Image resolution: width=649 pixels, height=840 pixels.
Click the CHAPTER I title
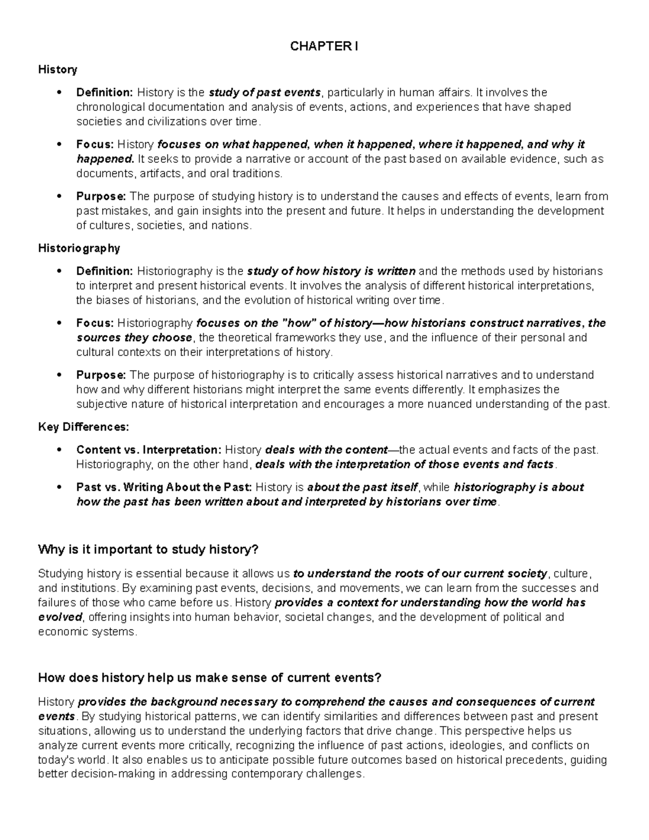click(324, 47)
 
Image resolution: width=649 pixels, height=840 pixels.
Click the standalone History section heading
click(57, 69)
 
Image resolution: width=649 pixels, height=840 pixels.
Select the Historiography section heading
click(79, 248)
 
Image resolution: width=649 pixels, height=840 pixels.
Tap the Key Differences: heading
click(83, 427)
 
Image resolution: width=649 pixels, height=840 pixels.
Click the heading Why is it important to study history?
click(149, 550)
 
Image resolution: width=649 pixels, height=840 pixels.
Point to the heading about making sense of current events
click(210, 678)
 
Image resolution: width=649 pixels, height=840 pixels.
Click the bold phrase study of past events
click(264, 92)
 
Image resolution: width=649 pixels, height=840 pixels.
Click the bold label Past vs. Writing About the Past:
click(164, 487)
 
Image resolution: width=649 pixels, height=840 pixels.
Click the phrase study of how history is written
click(331, 271)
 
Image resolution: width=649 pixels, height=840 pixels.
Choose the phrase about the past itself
click(362, 487)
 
